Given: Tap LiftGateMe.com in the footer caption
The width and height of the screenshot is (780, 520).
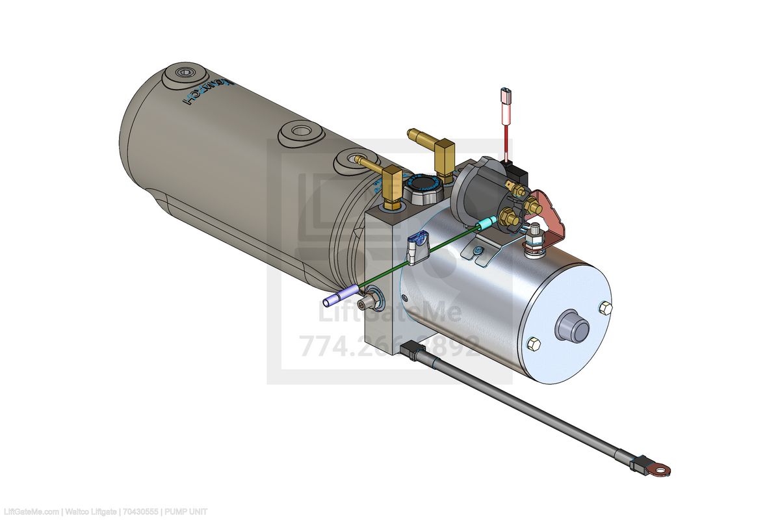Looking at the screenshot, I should pyautogui.click(x=31, y=512).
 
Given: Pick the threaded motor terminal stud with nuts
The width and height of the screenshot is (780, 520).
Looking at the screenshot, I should pyautogui.click(x=534, y=238).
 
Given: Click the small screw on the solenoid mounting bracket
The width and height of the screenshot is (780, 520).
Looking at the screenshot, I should pyautogui.click(x=478, y=251).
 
